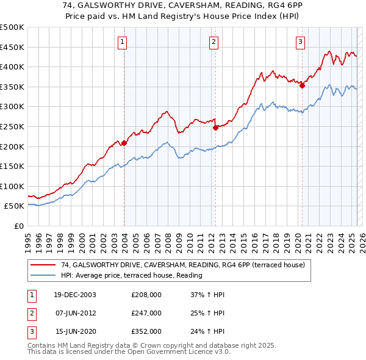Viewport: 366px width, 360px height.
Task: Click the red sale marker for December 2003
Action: (124, 143)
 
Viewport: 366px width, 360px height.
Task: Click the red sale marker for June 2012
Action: (215, 128)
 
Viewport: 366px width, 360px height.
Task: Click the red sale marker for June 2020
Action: (302, 85)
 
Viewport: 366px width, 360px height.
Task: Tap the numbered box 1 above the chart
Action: (123, 42)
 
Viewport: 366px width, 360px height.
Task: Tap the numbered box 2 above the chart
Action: (214, 42)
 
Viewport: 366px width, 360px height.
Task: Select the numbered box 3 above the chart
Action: (301, 42)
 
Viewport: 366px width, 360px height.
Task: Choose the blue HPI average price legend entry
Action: (131, 275)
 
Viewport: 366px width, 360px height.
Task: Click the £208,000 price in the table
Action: (146, 295)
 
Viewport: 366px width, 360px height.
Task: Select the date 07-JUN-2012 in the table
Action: (76, 313)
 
